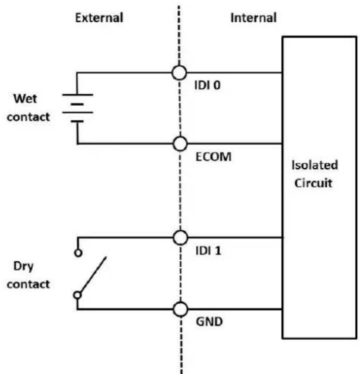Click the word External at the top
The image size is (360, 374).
99,17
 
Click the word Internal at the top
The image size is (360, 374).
253,17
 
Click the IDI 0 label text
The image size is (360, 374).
208,85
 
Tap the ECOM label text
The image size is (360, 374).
214,157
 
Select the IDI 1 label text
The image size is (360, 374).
208,250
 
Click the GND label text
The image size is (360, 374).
209,322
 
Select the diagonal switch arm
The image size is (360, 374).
93,274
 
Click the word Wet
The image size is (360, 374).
25,99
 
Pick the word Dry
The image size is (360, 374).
23,266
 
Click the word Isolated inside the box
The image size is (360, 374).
315,165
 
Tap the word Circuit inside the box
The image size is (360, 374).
313,183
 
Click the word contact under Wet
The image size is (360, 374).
28,117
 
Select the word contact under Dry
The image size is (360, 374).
28,284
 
